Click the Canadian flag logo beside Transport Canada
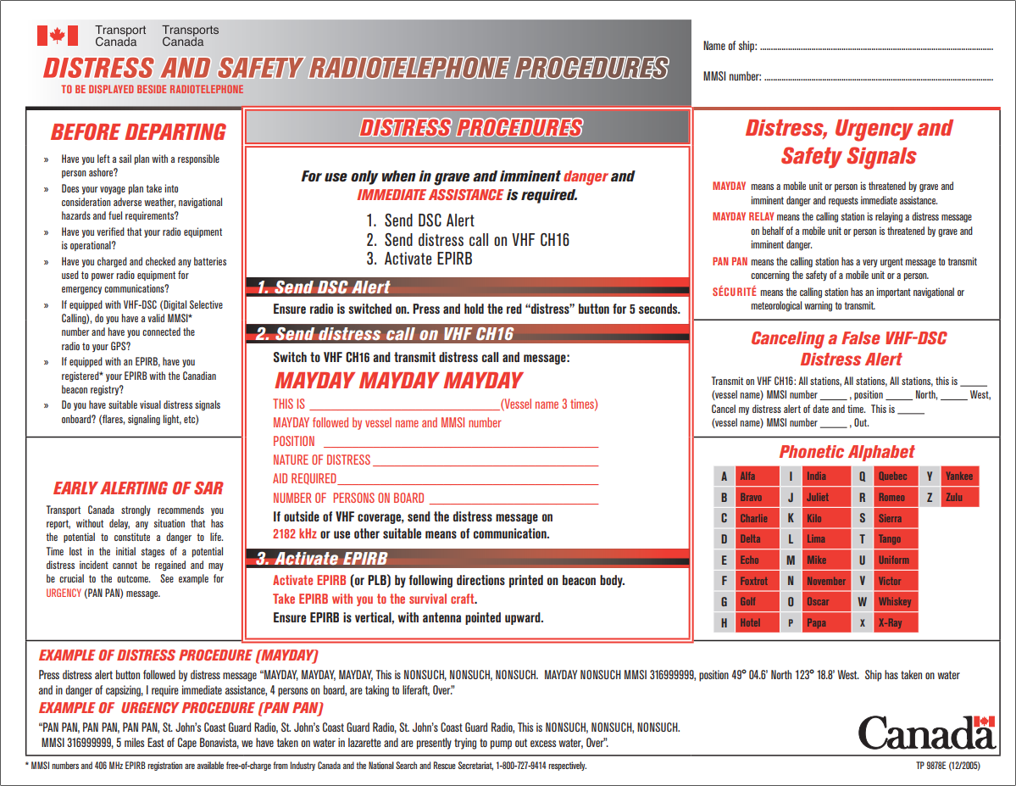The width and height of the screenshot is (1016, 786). pyautogui.click(x=58, y=36)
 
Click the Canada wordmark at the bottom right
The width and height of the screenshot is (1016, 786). pyautogui.click(x=926, y=733)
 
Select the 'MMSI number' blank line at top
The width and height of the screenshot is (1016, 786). pyautogui.click(x=878, y=78)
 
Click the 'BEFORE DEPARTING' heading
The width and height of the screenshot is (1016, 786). pyautogui.click(x=138, y=132)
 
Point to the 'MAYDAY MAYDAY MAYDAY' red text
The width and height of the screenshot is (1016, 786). pyautogui.click(x=398, y=381)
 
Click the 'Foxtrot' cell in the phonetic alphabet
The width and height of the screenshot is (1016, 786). pyautogui.click(x=753, y=581)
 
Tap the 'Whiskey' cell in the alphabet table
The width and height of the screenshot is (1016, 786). pyautogui.click(x=895, y=602)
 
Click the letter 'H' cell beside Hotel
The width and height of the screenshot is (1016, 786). pyautogui.click(x=724, y=623)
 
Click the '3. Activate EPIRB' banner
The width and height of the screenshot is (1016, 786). pyautogui.click(x=322, y=558)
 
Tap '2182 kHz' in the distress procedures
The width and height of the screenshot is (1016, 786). pyautogui.click(x=295, y=534)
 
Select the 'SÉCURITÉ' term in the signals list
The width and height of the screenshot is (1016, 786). pyautogui.click(x=734, y=293)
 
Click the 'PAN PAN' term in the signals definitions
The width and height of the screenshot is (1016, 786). pyautogui.click(x=730, y=262)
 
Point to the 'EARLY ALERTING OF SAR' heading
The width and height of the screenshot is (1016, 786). pyautogui.click(x=138, y=488)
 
